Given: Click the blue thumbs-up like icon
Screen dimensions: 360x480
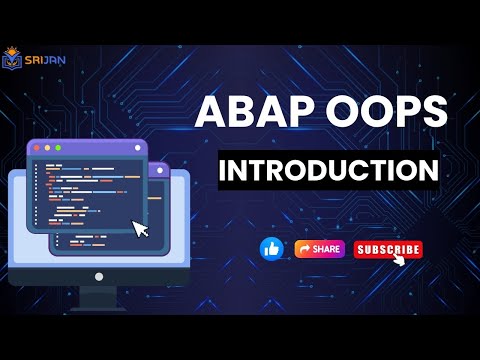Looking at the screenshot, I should [x=271, y=249].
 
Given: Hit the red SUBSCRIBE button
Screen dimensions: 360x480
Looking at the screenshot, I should [x=388, y=249].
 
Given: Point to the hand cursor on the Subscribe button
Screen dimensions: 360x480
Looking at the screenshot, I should [x=400, y=258].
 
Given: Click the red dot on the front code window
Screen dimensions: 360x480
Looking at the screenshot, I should [x=35, y=148].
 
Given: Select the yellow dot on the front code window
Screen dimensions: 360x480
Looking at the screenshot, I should [x=47, y=148].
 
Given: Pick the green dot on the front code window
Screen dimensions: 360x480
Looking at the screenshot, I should [x=59, y=148].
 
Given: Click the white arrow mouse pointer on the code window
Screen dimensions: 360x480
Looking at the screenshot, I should [x=141, y=228].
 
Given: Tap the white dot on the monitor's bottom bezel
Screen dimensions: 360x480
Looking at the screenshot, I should [x=98, y=275].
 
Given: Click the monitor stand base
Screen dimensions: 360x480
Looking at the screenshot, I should [x=98, y=300].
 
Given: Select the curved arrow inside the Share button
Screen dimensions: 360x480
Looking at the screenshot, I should [x=303, y=249].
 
